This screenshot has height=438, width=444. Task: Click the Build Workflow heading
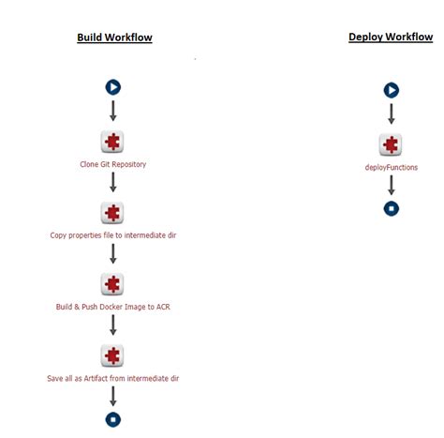pos(114,38)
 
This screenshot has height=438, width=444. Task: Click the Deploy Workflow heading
pos(391,37)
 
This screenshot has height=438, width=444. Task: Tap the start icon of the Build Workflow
pos(113,87)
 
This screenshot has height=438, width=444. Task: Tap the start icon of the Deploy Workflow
pos(392,90)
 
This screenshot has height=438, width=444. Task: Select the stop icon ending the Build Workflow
pos(113,419)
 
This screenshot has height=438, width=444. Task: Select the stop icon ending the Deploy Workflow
pos(392,208)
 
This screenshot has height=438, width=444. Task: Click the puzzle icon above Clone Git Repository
pos(112,142)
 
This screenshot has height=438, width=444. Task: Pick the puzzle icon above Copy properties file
pos(112,213)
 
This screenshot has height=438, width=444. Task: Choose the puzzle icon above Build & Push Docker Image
pos(112,284)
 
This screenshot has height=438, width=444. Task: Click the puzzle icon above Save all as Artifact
pos(112,355)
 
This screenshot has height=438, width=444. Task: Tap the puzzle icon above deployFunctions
pos(391,144)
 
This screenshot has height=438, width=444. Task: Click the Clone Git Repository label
pos(113,164)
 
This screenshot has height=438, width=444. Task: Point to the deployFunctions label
pos(392,168)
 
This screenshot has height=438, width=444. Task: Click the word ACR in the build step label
pos(163,307)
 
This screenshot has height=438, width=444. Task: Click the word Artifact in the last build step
pos(96,378)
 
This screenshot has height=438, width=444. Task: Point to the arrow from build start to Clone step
pos(113,111)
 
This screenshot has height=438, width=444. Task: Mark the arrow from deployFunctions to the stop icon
pos(392,185)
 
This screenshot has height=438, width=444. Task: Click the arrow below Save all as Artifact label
pos(113,396)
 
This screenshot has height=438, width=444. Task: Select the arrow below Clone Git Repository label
pos(113,182)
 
